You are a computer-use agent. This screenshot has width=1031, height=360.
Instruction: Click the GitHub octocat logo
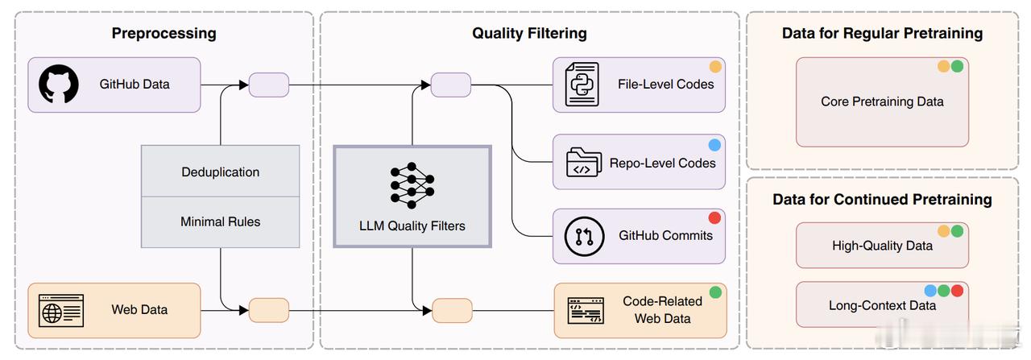59,84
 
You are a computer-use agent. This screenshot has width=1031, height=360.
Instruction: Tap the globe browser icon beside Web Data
61,311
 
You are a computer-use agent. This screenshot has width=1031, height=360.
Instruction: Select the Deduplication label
221,172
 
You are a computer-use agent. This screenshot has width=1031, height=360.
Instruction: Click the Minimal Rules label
221,222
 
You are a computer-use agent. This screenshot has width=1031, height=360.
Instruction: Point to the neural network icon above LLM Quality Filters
412,185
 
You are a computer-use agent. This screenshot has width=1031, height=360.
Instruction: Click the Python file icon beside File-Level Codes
582,85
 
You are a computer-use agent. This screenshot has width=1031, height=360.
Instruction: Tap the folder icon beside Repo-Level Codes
584,162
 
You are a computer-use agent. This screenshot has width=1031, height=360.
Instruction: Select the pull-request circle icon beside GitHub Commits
584,236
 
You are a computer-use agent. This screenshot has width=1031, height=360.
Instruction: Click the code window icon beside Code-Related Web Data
586,311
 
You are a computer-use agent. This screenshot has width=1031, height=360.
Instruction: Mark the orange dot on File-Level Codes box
715,67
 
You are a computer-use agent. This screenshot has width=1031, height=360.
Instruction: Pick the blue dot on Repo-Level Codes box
714,145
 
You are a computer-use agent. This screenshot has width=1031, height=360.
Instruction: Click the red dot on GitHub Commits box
714,217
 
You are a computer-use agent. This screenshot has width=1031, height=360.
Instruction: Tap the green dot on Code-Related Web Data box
715,292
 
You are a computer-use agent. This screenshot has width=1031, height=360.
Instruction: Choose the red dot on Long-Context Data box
958,291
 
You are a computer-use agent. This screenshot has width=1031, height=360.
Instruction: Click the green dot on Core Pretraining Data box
958,66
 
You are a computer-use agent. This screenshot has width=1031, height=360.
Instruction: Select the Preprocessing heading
164,33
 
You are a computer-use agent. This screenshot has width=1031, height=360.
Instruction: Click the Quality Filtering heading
529,33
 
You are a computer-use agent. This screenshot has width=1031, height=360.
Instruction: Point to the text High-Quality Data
882,246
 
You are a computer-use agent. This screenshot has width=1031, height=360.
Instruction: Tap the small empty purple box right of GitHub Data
269,85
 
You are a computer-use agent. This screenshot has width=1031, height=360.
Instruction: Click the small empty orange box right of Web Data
269,310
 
